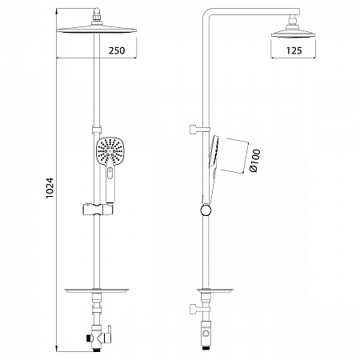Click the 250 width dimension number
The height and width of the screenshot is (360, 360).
[x=117, y=50]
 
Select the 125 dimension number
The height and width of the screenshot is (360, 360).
[x=294, y=50]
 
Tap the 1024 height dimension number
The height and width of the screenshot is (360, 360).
[x=50, y=188]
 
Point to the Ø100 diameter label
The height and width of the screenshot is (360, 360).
[x=254, y=161]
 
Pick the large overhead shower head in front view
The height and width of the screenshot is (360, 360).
[x=97, y=30]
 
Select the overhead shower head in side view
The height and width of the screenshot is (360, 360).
[x=294, y=34]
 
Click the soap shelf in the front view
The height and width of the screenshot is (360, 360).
[x=97, y=290]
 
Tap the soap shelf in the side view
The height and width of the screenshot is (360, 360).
[x=215, y=290]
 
